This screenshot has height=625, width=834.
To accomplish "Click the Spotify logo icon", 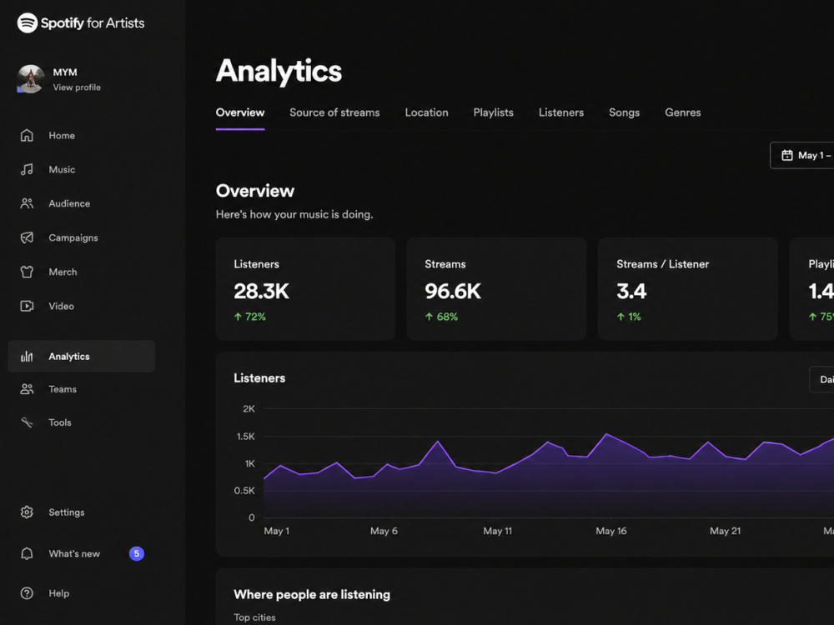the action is pos(28,22).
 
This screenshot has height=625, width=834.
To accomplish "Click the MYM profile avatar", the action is pos(30,79).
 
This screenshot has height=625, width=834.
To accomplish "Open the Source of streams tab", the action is pos(334,112).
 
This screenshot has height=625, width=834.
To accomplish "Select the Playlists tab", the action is pos(493,112).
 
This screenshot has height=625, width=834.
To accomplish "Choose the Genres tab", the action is pos(682,112).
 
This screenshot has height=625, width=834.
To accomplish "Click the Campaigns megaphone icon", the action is pos(27,237).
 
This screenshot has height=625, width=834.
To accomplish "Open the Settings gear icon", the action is pos(27,512).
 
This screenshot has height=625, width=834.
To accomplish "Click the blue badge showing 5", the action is pos(137,554).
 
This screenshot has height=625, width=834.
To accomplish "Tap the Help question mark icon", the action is pos(27,593).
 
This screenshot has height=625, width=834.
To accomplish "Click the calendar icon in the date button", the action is pos(787,155).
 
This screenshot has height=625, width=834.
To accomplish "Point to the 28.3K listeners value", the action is pos(261,291).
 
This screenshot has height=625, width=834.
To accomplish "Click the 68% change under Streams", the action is pos(441,317).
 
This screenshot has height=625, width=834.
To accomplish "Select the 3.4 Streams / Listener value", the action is pos(631,291).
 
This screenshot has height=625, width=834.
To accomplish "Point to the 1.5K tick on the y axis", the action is pos(246,437).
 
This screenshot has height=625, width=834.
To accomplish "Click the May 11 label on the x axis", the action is pos(497,531).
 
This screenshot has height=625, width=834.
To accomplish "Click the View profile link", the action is pos(77,87).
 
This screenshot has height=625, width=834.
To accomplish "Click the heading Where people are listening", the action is pos(312,595).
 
